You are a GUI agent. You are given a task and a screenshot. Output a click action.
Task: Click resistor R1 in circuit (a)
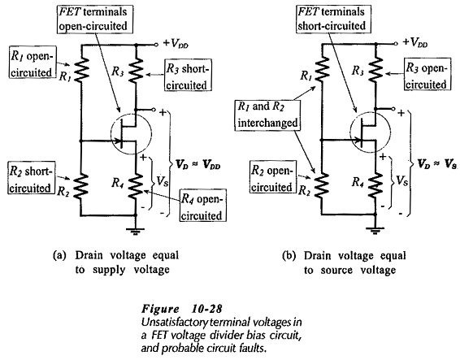pos(82,69)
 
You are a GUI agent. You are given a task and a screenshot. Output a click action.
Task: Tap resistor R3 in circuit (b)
pos(375,68)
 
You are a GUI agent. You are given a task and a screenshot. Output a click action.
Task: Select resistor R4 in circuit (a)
pos(136,186)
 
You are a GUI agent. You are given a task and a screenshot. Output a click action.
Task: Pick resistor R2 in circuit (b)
pos(322,185)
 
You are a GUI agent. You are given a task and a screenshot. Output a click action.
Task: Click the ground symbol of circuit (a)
pos(136,231)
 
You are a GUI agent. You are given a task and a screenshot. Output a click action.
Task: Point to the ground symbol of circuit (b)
pos(375,231)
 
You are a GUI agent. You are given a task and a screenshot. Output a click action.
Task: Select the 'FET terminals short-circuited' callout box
pos(333,19)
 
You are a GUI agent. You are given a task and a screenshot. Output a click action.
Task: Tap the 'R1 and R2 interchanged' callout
pos(268,115)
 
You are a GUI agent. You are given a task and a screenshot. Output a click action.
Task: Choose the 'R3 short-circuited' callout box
pos(188,76)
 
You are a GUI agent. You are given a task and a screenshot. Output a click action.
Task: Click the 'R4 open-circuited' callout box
pos(203,206)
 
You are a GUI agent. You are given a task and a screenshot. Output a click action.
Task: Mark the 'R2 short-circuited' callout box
pos(32,177)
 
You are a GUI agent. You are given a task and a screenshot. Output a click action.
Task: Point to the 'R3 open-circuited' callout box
pos(427,74)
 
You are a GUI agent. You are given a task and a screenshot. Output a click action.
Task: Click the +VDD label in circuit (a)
pos(176,44)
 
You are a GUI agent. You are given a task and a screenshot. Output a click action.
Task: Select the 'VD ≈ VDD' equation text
pos(197,165)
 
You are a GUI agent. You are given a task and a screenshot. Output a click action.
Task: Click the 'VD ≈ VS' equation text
pos(437,164)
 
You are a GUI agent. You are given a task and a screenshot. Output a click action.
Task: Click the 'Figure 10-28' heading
pos(182,309)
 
